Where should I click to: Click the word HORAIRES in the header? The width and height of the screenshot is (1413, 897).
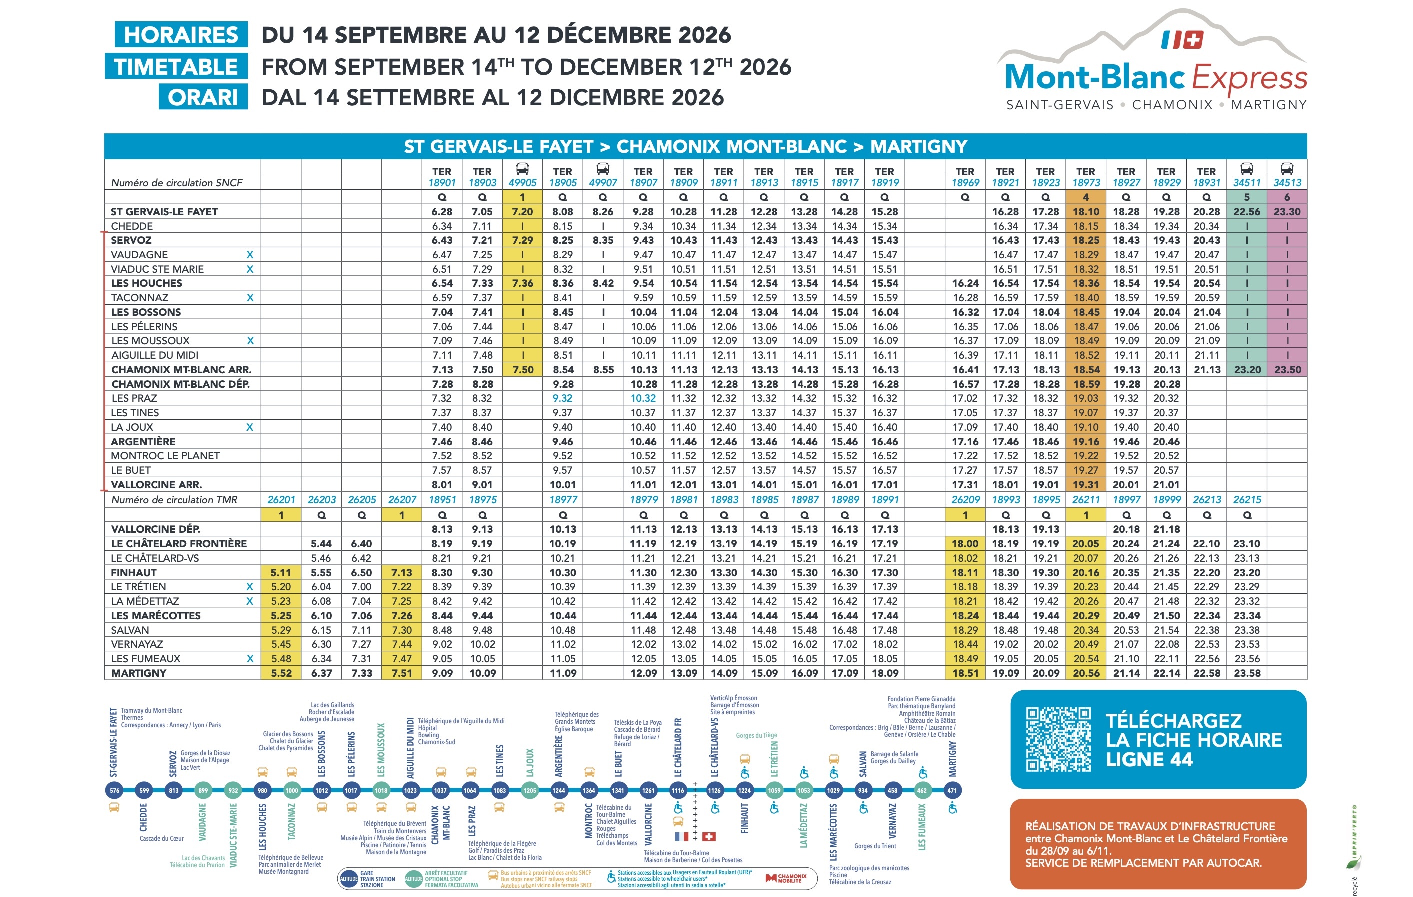click(181, 35)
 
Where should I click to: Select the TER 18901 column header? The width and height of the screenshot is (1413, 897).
click(442, 177)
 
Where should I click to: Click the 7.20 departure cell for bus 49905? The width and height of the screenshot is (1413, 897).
click(522, 212)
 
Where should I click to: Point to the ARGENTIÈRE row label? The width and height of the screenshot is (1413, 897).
click(143, 442)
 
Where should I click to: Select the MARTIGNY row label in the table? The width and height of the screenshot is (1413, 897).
click(139, 673)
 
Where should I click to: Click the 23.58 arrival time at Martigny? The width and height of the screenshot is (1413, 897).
click(1247, 673)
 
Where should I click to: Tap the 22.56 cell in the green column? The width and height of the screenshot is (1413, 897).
click(1247, 212)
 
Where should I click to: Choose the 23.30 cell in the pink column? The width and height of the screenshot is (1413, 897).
click(1287, 212)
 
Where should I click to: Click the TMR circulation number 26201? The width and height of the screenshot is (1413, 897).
click(281, 500)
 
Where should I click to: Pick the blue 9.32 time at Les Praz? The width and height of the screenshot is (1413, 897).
click(562, 398)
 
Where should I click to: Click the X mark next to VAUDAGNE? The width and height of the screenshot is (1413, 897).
click(250, 255)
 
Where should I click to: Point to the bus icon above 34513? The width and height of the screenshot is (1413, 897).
click(1287, 169)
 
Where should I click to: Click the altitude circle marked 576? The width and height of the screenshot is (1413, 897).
click(114, 791)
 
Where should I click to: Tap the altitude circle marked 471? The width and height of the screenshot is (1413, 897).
click(952, 791)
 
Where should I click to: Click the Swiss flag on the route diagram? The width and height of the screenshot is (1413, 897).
click(709, 836)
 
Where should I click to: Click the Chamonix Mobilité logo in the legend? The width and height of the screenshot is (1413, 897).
click(786, 878)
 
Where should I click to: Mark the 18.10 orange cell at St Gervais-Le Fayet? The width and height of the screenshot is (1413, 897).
click(1085, 212)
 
